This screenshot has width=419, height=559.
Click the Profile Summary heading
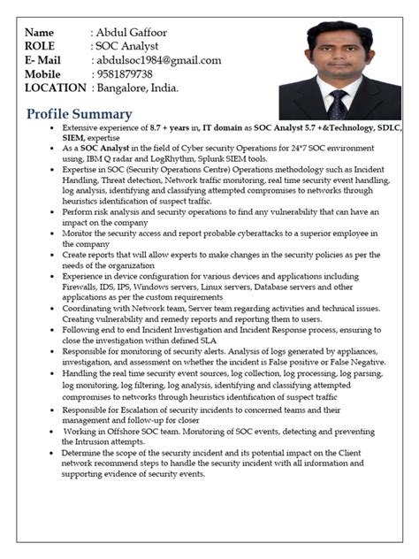pos(80,114)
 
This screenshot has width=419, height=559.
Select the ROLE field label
pos(41,47)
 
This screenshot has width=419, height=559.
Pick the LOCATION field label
pos(56,88)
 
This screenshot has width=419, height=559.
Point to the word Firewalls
pos(83,287)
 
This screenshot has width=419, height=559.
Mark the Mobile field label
pos(43,74)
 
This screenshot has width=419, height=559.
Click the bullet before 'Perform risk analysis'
pos(54,212)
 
